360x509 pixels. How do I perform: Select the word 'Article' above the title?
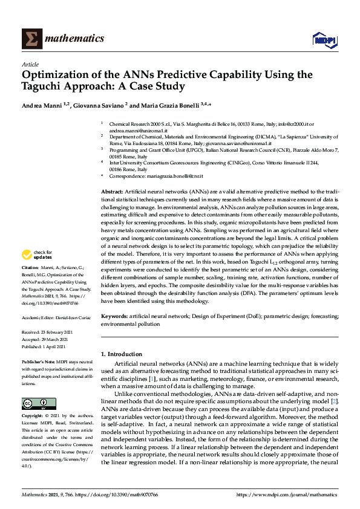click(30, 64)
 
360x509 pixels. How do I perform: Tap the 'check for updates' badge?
click(36, 271)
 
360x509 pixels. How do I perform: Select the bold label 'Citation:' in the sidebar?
click(30, 284)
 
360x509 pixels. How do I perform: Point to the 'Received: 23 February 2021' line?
click(49, 332)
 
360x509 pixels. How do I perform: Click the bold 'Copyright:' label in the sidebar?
click(33, 400)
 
